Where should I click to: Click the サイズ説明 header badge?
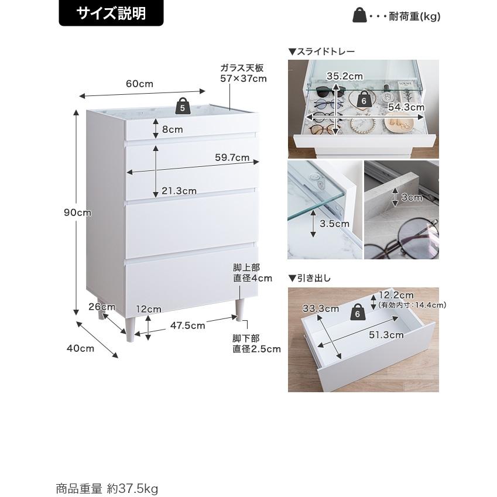111,13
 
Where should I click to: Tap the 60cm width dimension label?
139,84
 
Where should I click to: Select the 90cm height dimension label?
77,212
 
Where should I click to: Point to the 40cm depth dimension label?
80,348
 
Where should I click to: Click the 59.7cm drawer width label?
232,157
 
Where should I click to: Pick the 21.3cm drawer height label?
179,191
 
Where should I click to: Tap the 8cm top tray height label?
173,129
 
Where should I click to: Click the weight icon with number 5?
182,105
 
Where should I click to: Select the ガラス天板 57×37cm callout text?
244,73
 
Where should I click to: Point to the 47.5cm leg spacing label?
188,325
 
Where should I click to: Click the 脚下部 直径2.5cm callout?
257,344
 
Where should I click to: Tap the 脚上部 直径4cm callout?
253,273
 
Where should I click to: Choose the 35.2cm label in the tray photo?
345,76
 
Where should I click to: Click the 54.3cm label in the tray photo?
406,107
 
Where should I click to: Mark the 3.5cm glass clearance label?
334,224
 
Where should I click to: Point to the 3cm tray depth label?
412,197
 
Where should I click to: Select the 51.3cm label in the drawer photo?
386,335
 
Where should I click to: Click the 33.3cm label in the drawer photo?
321,309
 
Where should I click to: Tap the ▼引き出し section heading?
310,278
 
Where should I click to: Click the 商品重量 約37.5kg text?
107,488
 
